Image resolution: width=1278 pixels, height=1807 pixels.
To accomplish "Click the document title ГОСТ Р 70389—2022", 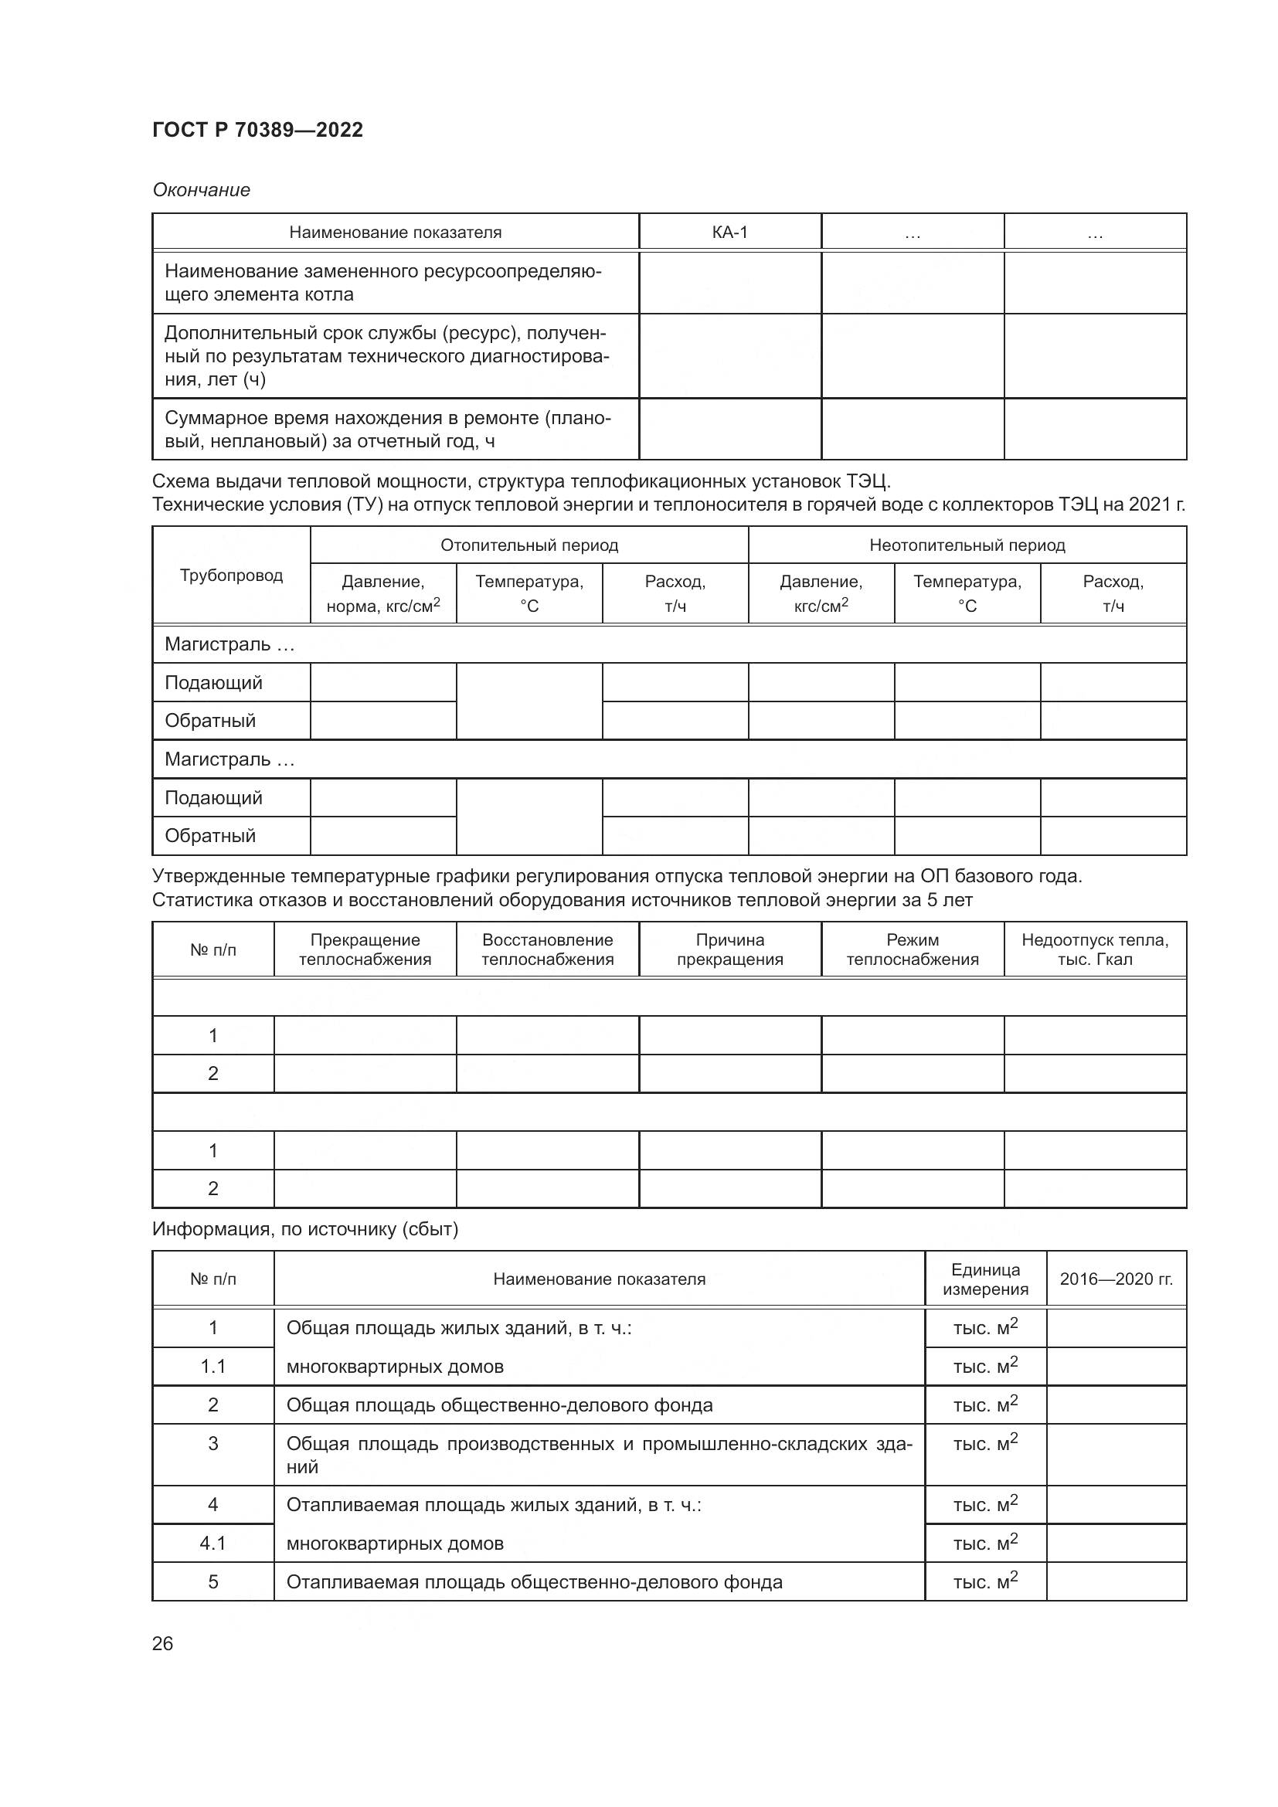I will (257, 130).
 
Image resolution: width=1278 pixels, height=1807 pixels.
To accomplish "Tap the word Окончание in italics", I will (201, 190).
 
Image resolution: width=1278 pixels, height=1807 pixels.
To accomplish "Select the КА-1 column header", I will (729, 233).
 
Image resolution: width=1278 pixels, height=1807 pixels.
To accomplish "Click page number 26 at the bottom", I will (162, 1643).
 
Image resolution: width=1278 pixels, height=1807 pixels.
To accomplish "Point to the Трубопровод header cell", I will (230, 576).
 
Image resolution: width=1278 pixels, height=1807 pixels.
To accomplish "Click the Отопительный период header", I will (529, 545).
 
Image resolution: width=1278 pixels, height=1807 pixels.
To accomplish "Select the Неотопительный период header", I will (967, 545).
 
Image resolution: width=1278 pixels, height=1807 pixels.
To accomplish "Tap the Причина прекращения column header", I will (729, 949).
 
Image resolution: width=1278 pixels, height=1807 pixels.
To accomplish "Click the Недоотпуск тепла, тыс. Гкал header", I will (1095, 949).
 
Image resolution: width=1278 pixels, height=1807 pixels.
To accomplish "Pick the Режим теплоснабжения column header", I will (912, 949).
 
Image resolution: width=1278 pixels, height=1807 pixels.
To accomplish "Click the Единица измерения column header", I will (985, 1279).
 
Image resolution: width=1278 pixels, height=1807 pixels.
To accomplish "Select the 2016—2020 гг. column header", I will (1116, 1279).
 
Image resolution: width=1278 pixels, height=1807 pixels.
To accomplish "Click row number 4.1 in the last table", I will (212, 1544).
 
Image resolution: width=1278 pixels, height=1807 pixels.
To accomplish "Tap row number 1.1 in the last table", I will (212, 1367).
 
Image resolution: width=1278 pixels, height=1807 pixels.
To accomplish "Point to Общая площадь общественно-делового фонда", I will (499, 1405).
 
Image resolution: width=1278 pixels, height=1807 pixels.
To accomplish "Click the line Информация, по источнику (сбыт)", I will (304, 1228).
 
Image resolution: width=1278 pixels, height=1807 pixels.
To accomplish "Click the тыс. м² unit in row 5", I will (985, 1581).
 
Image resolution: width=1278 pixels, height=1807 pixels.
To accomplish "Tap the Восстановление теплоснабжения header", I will (547, 949).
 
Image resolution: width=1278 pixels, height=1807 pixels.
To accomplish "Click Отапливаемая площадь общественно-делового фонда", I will (534, 1582).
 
